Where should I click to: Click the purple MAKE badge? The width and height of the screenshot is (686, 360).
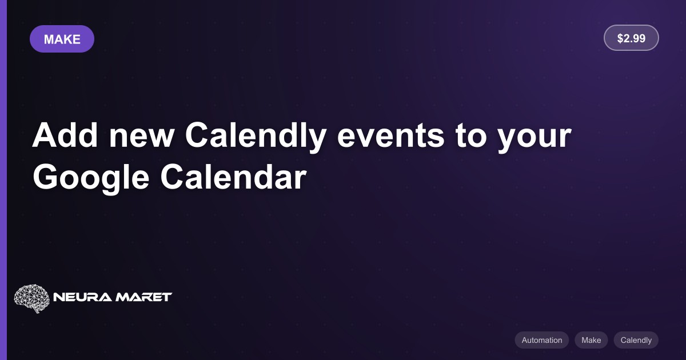click(x=62, y=39)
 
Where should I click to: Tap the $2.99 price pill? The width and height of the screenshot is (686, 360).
click(x=631, y=38)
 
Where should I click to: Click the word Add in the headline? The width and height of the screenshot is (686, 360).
click(x=65, y=135)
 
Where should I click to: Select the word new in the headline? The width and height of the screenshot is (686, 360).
click(x=142, y=138)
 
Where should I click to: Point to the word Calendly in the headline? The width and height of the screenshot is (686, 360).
click(x=256, y=137)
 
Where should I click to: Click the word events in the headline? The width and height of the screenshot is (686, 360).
click(x=390, y=137)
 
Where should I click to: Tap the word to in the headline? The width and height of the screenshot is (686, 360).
click(x=471, y=137)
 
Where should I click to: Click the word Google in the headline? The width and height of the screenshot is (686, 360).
click(x=91, y=178)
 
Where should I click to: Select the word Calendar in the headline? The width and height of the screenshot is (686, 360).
click(x=233, y=177)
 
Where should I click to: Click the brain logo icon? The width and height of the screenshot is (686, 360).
click(x=31, y=298)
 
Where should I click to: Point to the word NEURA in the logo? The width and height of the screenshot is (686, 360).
click(x=82, y=297)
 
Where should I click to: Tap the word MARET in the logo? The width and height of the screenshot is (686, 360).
click(x=143, y=297)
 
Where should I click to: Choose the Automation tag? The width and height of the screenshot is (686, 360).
click(x=542, y=340)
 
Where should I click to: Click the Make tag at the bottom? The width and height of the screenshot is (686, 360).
click(x=591, y=340)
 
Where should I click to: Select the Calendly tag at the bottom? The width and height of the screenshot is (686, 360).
click(x=636, y=340)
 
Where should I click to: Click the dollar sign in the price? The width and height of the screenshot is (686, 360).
click(x=620, y=38)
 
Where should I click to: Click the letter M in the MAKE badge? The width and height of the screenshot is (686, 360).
click(x=49, y=39)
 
